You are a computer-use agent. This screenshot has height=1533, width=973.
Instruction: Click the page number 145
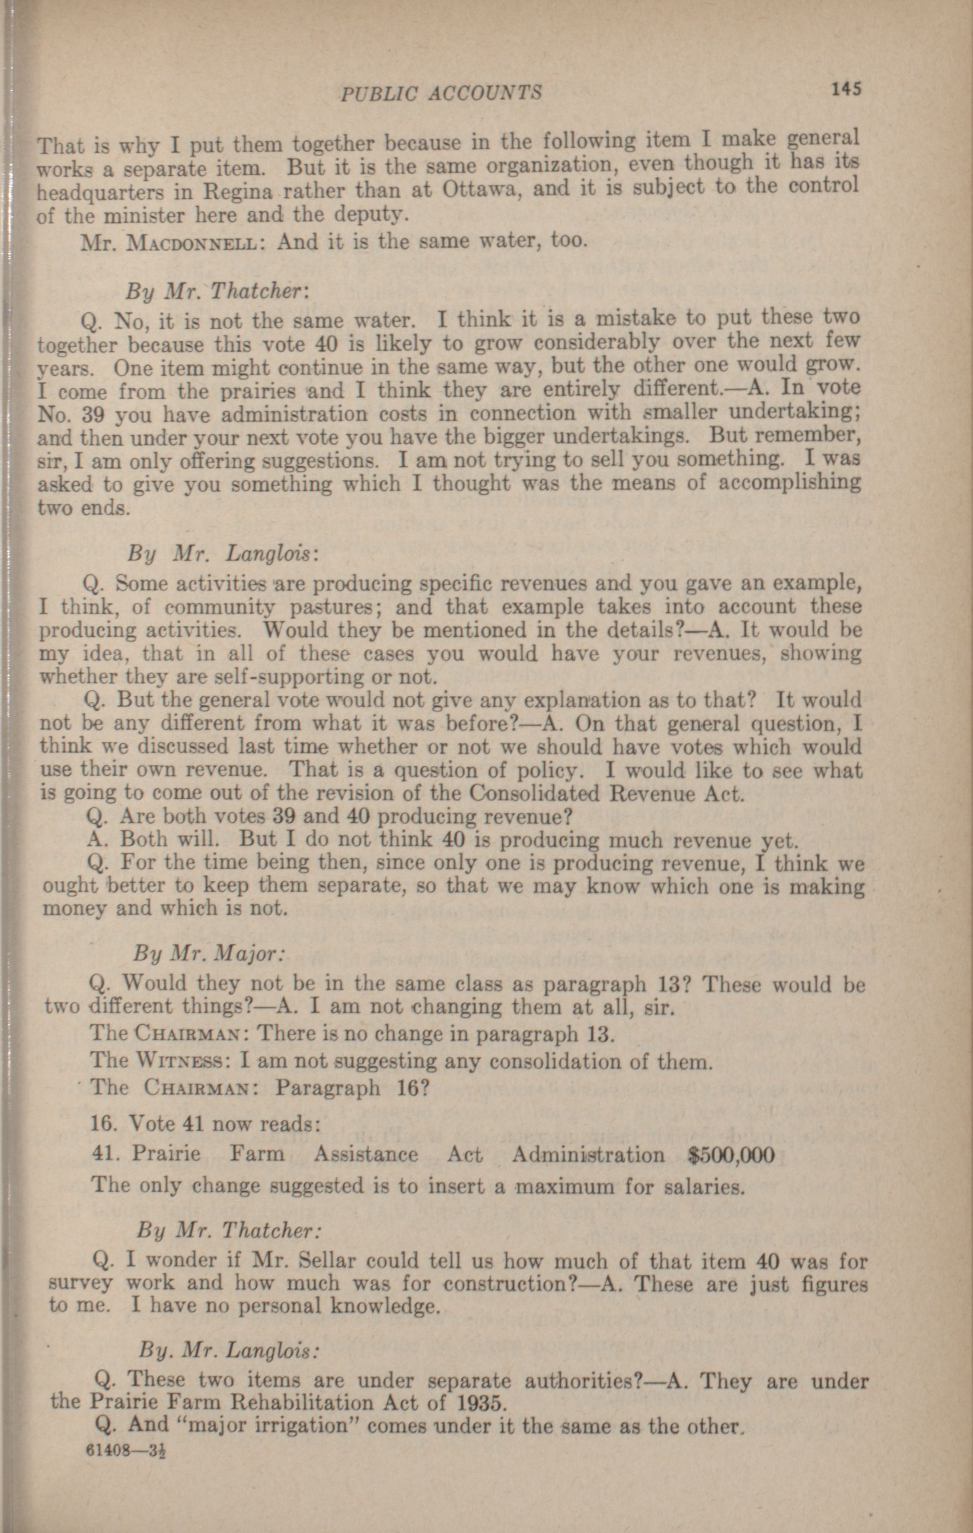click(846, 88)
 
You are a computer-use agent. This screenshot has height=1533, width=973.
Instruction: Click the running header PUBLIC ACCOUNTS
click(441, 93)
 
